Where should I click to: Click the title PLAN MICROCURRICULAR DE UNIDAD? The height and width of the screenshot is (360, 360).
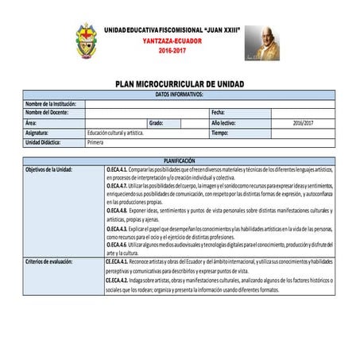(x=180, y=83)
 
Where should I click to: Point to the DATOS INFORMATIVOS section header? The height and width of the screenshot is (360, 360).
(x=180, y=94)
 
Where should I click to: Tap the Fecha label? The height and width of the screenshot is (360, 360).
(x=219, y=113)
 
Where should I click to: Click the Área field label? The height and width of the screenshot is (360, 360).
(x=30, y=123)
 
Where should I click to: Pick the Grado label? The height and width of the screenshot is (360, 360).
(x=156, y=123)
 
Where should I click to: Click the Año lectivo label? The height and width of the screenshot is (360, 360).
(x=224, y=123)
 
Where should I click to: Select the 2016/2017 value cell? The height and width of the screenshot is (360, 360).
(x=303, y=123)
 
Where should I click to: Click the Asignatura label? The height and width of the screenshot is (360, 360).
(x=37, y=133)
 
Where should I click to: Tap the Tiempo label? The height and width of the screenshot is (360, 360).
(x=220, y=133)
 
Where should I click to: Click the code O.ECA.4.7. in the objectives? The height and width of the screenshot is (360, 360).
(x=118, y=185)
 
